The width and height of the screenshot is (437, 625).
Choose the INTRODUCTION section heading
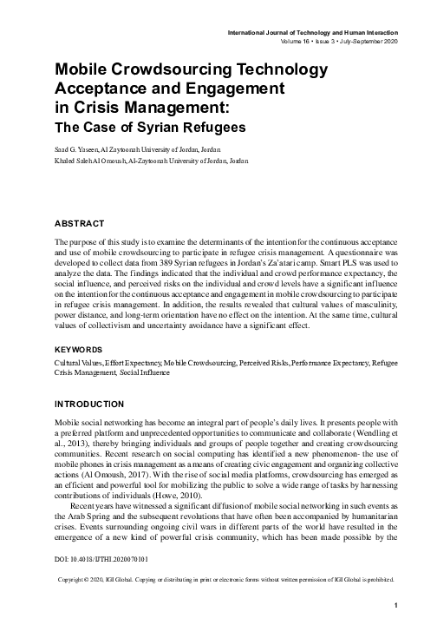pos(95,405)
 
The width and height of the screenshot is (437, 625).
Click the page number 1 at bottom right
pos(395,605)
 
